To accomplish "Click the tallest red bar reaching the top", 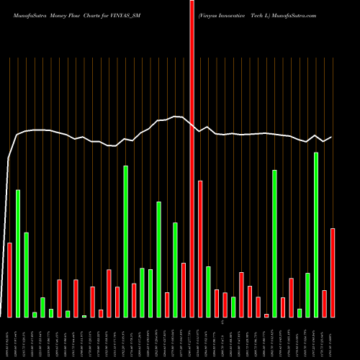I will click(192, 158).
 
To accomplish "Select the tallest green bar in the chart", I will click(316, 235).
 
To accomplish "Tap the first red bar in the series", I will click(10, 280).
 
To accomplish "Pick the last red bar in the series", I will click(333, 273).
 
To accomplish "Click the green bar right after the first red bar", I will click(18, 253).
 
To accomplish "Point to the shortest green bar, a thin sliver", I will click(84, 316).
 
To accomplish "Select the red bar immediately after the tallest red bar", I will click(200, 249).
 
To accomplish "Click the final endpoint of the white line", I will click(332, 137).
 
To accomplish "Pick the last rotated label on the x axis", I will click(333, 338).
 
